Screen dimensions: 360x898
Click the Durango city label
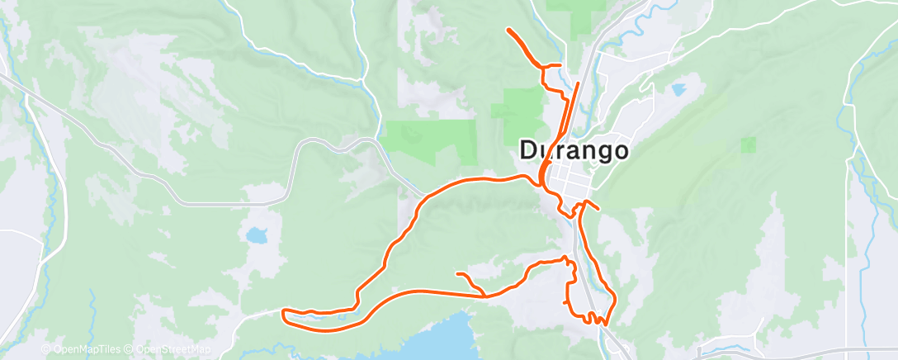click(x=574, y=150)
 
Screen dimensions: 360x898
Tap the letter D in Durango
click(x=530, y=150)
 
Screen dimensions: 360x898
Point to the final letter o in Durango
click(x=619, y=150)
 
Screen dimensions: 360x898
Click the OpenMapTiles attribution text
click(x=85, y=349)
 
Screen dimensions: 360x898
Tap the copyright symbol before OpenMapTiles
click(x=46, y=349)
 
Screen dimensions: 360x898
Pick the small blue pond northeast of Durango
click(x=680, y=88)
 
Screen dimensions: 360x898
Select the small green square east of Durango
click(x=748, y=145)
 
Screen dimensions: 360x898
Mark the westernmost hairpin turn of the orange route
click(x=284, y=312)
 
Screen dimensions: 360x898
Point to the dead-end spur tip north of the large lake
click(x=457, y=273)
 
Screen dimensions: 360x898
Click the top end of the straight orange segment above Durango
click(x=578, y=83)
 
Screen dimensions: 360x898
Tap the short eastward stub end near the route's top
click(x=560, y=65)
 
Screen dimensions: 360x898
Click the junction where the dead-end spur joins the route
click(x=484, y=294)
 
